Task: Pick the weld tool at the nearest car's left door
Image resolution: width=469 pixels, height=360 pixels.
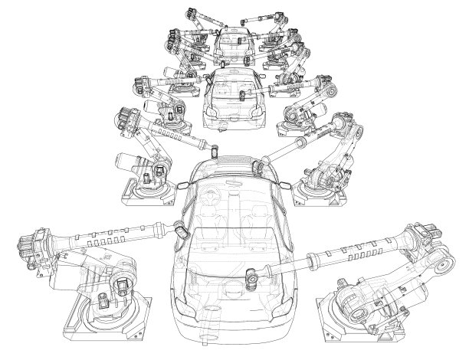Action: (182, 229)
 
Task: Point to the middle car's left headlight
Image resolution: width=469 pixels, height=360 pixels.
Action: (209, 114)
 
